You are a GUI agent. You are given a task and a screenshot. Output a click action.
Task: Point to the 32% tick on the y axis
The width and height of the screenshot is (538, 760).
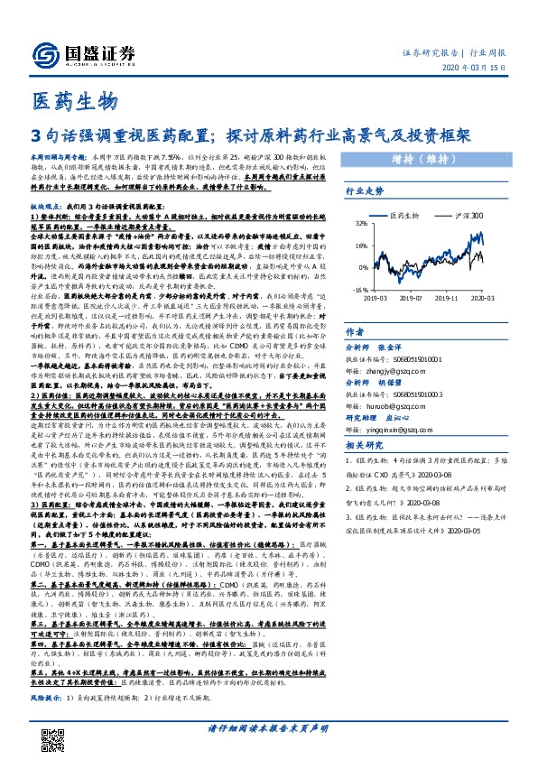click(360, 221)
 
